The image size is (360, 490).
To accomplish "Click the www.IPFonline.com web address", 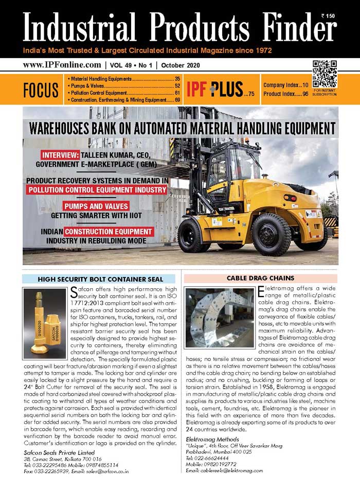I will [61, 65].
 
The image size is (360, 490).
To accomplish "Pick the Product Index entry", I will [285, 94].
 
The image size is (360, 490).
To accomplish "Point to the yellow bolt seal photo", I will [44, 325].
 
